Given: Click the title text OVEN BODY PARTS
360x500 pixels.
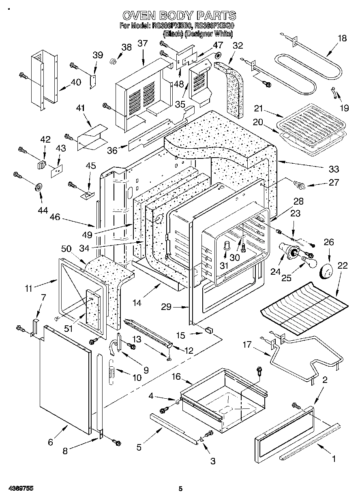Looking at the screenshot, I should [x=179, y=16].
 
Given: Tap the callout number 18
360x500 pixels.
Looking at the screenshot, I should [x=342, y=38].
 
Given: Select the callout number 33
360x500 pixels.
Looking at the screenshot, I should [x=334, y=169].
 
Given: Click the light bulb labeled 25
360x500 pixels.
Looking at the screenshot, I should [x=311, y=262].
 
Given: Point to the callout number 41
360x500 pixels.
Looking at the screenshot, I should [x=81, y=108].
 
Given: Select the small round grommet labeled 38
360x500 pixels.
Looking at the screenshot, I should [x=114, y=61].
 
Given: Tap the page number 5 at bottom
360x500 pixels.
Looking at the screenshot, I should [x=180, y=489].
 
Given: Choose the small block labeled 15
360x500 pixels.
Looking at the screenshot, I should [x=209, y=330].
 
